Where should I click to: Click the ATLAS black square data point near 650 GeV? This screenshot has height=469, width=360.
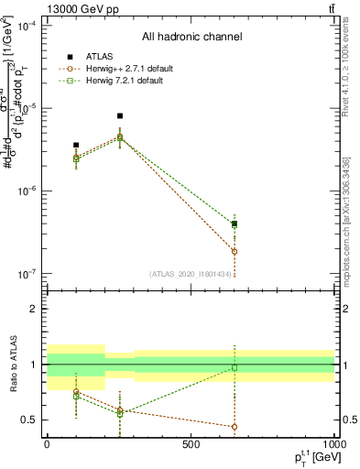235,224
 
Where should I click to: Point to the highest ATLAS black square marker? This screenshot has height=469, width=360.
120,116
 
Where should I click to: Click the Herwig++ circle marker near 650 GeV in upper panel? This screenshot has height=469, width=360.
235,251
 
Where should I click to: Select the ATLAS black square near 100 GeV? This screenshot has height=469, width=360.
76,145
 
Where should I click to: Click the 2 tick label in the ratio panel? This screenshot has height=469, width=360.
36,309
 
